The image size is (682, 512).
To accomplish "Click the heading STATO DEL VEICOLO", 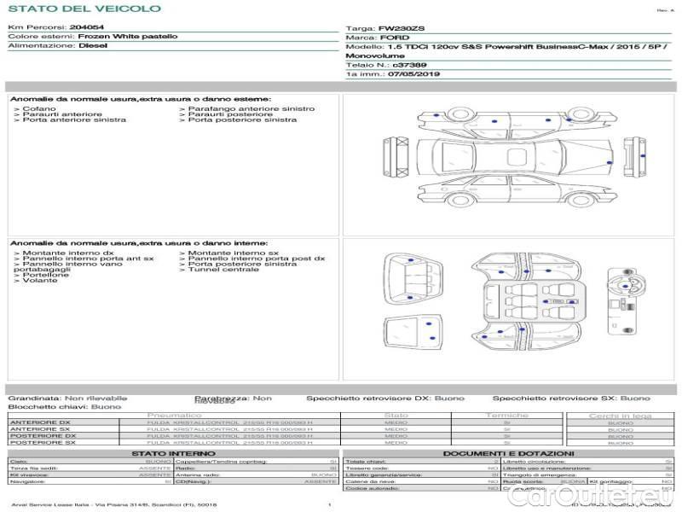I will tap(84, 9).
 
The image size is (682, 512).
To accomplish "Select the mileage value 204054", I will tap(86, 27).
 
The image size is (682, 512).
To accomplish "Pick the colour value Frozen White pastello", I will tap(128, 37).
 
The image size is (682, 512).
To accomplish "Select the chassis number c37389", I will tap(410, 65).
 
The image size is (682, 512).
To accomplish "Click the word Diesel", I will tap(93, 46).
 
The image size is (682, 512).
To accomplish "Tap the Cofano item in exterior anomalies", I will tap(40, 108).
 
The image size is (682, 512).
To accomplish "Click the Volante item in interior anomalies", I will tap(40, 280).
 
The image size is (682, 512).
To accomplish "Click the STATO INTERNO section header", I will tap(168, 453).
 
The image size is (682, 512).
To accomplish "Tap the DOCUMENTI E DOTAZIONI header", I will tap(508, 453).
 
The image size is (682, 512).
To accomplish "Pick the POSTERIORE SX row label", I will tap(41, 442).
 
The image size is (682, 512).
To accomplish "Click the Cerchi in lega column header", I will tap(620, 416).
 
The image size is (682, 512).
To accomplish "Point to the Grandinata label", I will tap(34, 398).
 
